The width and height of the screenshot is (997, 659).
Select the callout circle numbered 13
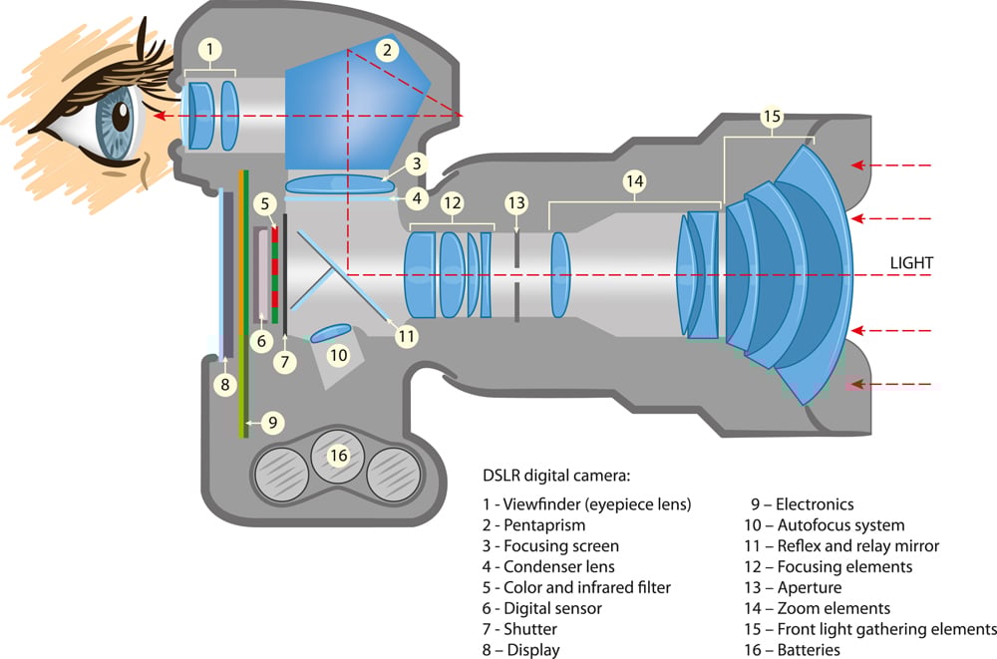pyautogui.click(x=515, y=202)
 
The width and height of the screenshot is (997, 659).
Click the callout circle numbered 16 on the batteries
pyautogui.click(x=338, y=455)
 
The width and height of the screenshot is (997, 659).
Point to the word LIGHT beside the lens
pyautogui.click(x=911, y=263)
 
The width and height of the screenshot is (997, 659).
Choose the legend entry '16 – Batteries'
pyautogui.click(x=805, y=650)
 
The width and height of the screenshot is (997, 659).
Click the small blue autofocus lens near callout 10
pyautogui.click(x=330, y=334)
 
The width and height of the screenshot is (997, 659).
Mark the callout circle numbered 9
pyautogui.click(x=271, y=422)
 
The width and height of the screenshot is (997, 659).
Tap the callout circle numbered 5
pyautogui.click(x=263, y=204)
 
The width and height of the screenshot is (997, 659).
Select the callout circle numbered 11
pyautogui.click(x=405, y=336)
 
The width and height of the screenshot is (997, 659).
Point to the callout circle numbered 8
pyautogui.click(x=225, y=382)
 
